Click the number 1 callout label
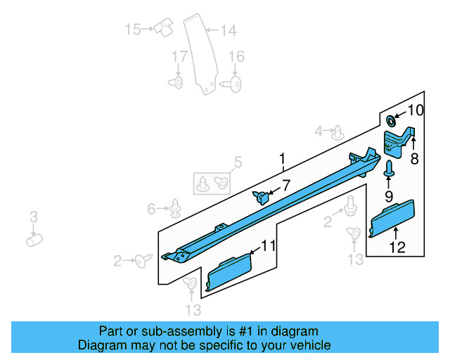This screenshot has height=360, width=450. tap(282, 160)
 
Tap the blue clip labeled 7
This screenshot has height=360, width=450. tap(263, 197)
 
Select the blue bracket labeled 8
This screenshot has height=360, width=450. tap(397, 141)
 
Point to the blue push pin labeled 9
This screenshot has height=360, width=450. tap(389, 168)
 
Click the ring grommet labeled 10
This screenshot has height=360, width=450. tap(392, 120)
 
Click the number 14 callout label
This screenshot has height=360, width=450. tap(228, 30)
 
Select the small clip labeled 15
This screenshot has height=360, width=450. tap(165, 28)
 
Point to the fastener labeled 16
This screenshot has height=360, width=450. tap(233, 84)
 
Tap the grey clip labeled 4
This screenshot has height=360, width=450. tap(338, 131)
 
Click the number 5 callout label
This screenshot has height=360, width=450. tap(237, 163)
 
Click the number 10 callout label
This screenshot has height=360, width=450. tap(416, 110)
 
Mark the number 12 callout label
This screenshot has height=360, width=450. tap(397, 247)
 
